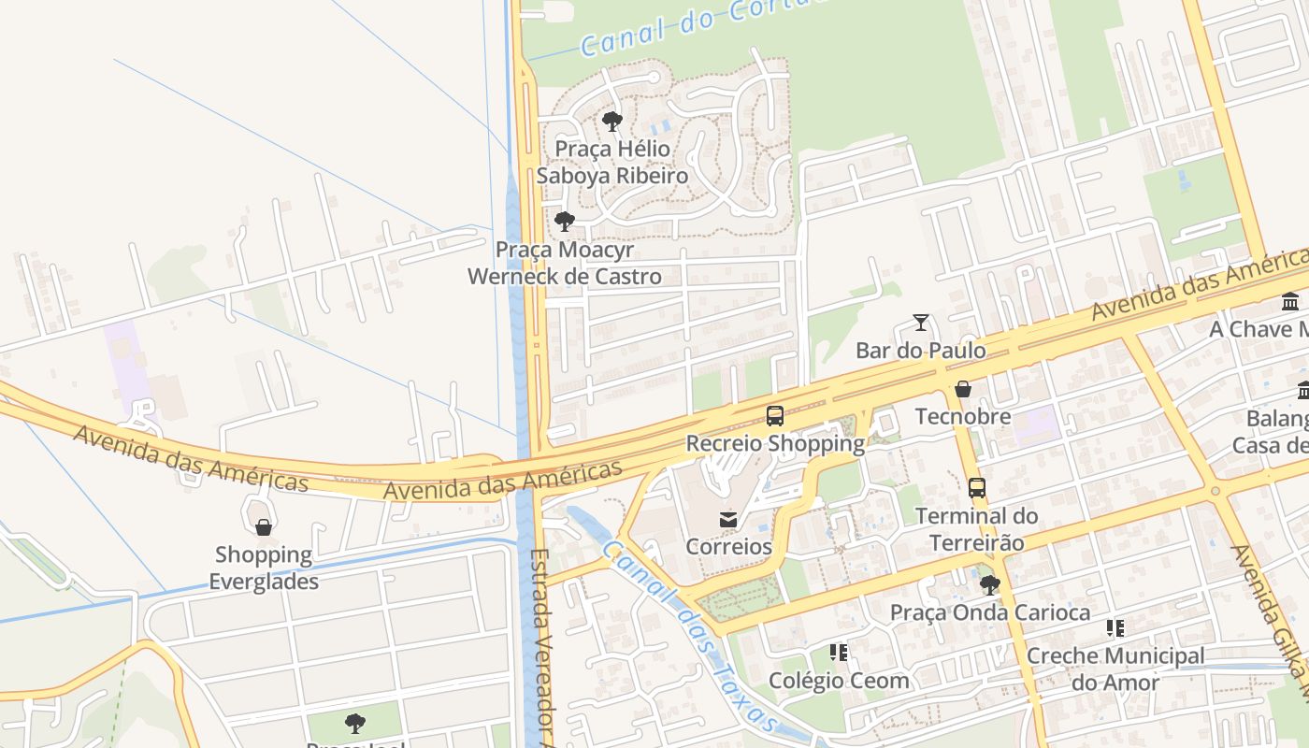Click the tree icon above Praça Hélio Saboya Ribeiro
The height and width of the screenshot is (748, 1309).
click(x=612, y=121)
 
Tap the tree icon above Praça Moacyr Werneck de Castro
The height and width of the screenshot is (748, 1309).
click(x=564, y=222)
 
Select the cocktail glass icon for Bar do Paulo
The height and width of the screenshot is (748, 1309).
click(x=921, y=323)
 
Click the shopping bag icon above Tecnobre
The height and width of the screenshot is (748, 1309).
click(x=962, y=389)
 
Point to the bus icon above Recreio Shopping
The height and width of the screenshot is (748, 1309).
click(x=775, y=416)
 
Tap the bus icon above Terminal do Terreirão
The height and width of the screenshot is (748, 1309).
click(x=977, y=488)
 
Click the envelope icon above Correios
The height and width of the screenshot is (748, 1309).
click(x=728, y=519)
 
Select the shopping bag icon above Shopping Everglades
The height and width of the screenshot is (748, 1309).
click(x=264, y=527)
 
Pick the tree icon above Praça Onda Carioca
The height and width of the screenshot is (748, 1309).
click(x=989, y=585)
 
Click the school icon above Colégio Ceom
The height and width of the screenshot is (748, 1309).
click(x=839, y=653)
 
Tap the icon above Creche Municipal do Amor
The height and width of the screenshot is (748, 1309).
click(x=1115, y=628)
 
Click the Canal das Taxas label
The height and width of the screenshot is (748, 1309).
click(x=687, y=636)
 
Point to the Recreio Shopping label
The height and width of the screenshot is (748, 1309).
click(x=775, y=443)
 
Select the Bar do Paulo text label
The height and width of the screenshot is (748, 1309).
click(x=921, y=351)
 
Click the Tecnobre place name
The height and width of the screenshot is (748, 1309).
click(x=962, y=417)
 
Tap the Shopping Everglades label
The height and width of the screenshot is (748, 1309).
click(x=264, y=568)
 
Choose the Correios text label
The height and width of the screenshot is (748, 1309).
click(x=728, y=547)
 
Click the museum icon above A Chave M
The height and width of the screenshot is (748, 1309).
click(x=1290, y=302)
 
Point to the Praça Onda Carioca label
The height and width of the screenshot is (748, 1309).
click(x=989, y=613)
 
